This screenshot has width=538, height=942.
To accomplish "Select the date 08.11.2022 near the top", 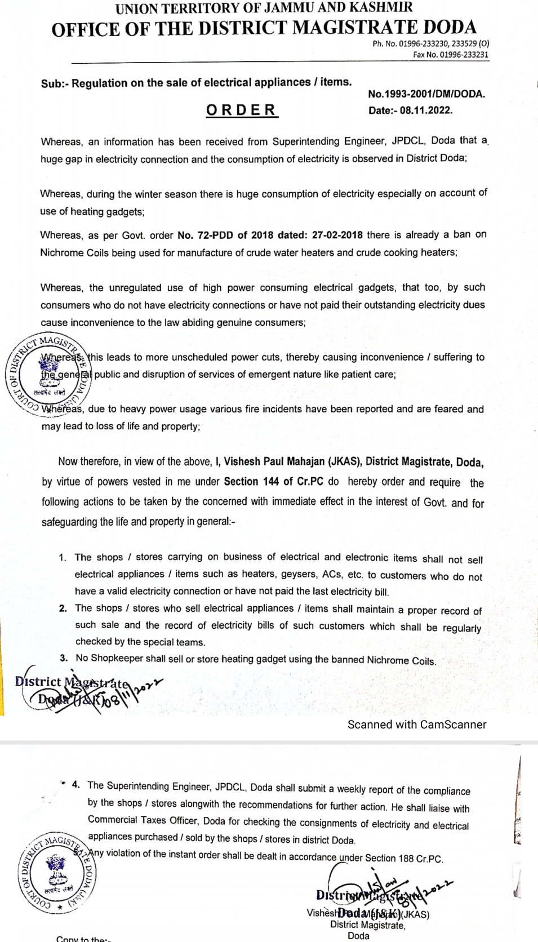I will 426,110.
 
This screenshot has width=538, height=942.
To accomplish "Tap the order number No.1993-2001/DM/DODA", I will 426,94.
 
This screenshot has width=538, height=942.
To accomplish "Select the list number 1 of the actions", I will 63,558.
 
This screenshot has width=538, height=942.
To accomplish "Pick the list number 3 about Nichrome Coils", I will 65,657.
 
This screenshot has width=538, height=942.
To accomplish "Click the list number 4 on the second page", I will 76,785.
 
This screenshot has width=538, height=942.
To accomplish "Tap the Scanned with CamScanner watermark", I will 417,725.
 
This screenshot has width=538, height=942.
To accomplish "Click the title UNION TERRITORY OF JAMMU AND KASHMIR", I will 264,7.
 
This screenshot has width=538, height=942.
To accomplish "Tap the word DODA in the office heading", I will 446,27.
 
